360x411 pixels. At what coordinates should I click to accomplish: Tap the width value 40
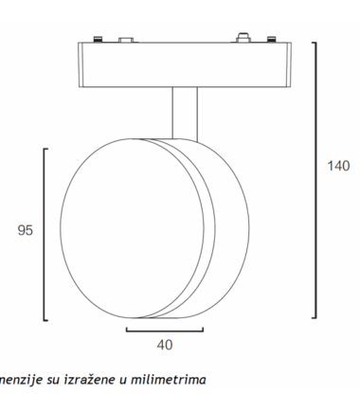click(x=164, y=345)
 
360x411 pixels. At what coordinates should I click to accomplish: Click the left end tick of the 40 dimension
click(x=126, y=329)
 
